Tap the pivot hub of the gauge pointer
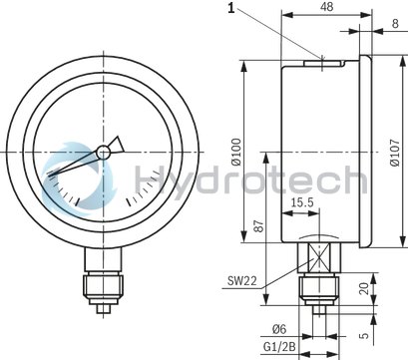pyautogui.click(x=103, y=153)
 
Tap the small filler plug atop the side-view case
pyautogui.click(x=324, y=62)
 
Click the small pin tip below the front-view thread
pyautogui.click(x=101, y=312)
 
